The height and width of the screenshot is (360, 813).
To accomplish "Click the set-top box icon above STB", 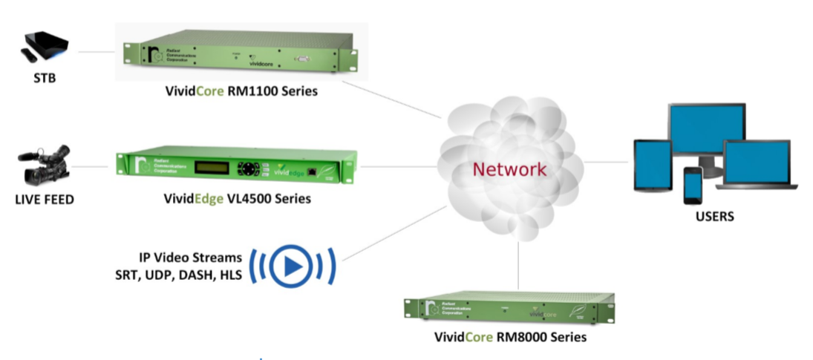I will pyautogui.click(x=44, y=48).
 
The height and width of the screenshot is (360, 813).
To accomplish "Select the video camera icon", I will pyautogui.click(x=45, y=165).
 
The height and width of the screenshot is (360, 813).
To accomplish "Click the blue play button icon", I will pyautogui.click(x=292, y=265).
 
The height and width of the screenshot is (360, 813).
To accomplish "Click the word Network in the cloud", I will pyautogui.click(x=509, y=169).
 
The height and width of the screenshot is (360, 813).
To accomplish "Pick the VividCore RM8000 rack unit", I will pyautogui.click(x=509, y=310).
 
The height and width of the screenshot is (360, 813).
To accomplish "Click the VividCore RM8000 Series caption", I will pyautogui.click(x=510, y=337).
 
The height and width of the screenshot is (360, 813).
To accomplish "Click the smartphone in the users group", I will pyautogui.click(x=693, y=185).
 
